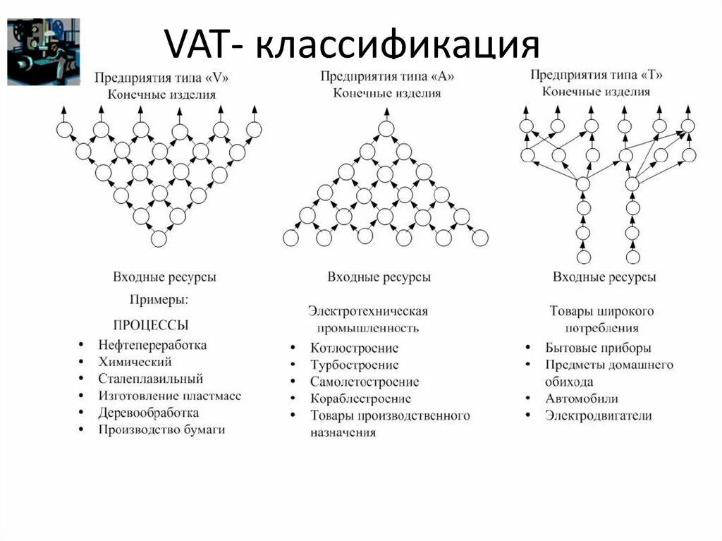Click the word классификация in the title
click(397, 46)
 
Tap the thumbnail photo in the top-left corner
click(43, 51)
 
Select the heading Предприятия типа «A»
click(387, 76)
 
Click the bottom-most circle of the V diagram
click(159, 239)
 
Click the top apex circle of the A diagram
click(385, 128)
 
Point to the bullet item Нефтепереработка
click(152, 345)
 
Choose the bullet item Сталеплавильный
click(150, 379)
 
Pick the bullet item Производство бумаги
click(161, 429)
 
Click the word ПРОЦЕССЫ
click(151, 325)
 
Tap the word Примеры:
click(159, 300)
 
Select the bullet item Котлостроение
click(354, 348)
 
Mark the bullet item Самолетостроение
click(365, 382)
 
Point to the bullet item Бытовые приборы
click(598, 348)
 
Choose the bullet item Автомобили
click(582, 399)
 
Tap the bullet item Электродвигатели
click(598, 415)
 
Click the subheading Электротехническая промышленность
click(368, 319)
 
